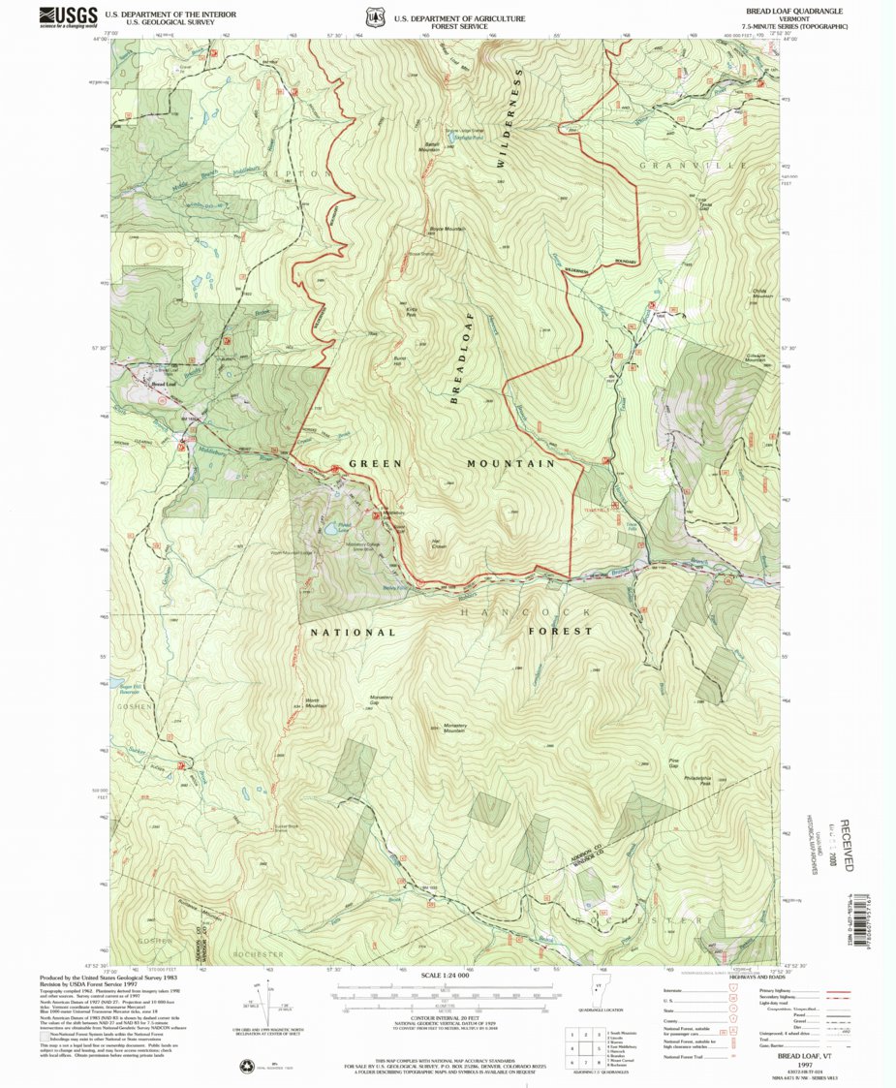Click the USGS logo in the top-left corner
(68, 16)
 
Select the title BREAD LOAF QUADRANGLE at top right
(793, 11)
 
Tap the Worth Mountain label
(316, 703)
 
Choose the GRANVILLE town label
(693, 166)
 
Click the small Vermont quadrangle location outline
(598, 1004)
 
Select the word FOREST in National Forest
(560, 631)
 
